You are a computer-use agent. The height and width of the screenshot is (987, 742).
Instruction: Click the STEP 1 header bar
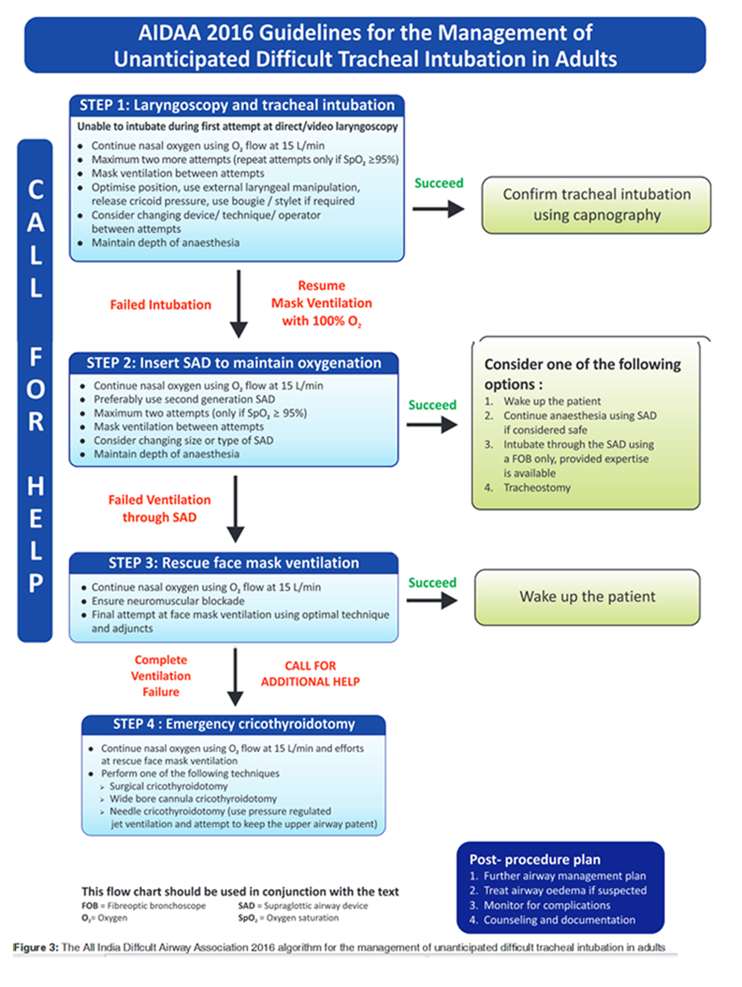click(x=237, y=105)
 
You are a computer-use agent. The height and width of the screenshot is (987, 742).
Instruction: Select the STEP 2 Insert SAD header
click(x=234, y=363)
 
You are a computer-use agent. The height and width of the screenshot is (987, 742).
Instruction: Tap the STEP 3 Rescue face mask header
click(x=234, y=563)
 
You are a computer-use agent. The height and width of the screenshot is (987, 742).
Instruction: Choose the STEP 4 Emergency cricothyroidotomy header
click(x=234, y=724)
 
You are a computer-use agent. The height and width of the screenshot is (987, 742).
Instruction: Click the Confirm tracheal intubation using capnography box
click(x=596, y=205)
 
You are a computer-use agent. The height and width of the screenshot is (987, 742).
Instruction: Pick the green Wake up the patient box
click(x=587, y=597)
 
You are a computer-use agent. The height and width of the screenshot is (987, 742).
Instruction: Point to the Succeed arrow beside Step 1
click(x=438, y=209)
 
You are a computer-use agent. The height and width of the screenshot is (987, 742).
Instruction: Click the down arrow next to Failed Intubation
click(x=239, y=304)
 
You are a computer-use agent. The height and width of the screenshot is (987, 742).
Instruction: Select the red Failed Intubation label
click(x=161, y=305)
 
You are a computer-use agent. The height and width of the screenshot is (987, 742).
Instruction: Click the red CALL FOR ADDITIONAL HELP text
click(x=310, y=674)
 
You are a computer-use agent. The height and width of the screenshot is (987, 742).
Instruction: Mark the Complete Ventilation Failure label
click(x=161, y=676)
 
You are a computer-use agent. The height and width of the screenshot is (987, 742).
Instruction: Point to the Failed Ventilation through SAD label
click(x=160, y=509)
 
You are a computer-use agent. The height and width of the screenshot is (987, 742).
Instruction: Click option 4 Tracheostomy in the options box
click(x=536, y=488)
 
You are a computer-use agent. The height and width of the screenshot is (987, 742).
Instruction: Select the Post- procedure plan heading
click(x=535, y=860)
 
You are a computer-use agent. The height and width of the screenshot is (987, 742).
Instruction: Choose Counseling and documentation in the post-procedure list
click(x=559, y=920)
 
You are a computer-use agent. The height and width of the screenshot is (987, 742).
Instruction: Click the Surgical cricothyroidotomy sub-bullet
click(x=168, y=786)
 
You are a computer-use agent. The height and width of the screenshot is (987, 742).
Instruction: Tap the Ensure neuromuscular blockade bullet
click(x=168, y=601)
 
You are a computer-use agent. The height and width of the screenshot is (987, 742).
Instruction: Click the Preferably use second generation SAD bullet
click(x=184, y=399)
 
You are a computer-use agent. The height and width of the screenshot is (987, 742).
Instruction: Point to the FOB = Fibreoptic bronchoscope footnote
click(x=144, y=906)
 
